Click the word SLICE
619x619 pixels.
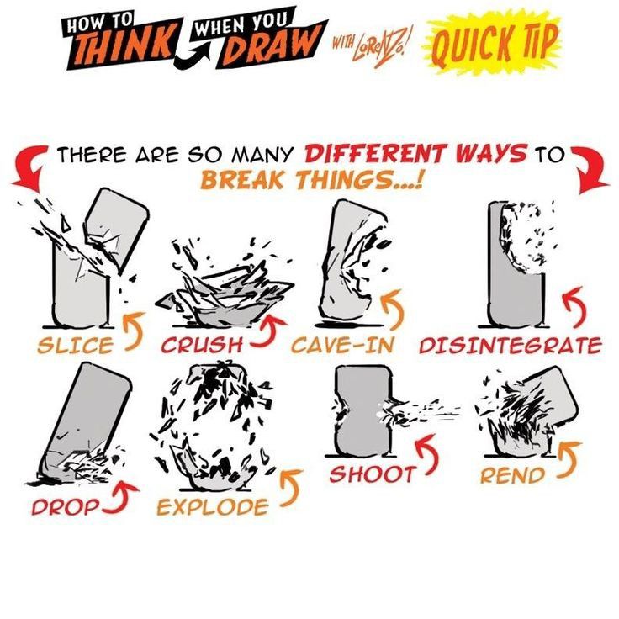pos(76,346)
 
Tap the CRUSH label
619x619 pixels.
pos(202,346)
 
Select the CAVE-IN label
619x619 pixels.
pos(342,346)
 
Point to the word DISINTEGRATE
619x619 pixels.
pos(510,346)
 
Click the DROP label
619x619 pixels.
pos(66,507)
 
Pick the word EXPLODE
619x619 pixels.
pos(213,507)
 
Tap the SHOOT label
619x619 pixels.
pos(372,474)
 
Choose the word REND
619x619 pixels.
pos(512,475)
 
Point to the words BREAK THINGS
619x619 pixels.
pos(312,180)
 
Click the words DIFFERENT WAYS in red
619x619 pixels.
pos(415,154)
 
